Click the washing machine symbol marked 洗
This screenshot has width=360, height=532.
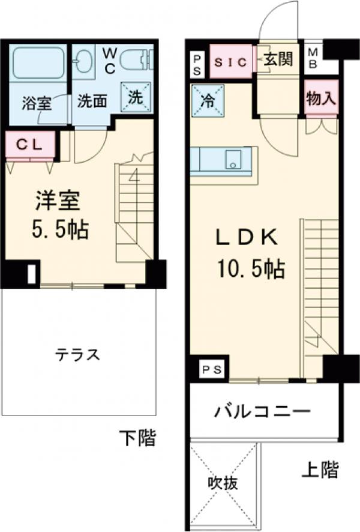pyautogui.click(x=136, y=96)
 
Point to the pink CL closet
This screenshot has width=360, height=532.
pyautogui.click(x=30, y=145)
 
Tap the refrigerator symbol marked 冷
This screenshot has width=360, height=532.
pyautogui.click(x=208, y=100)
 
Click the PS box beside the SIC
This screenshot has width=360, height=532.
pyautogui.click(x=197, y=62)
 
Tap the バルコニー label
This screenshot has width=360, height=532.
pyautogui.click(x=262, y=413)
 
